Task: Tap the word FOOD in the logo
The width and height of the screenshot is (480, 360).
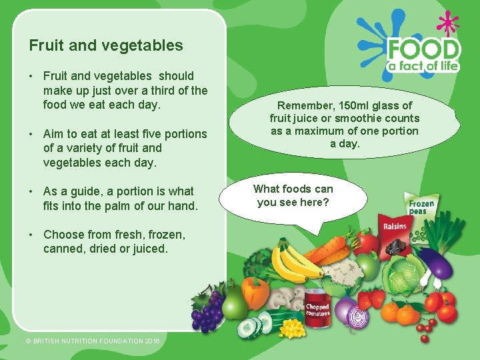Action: coord(424,50)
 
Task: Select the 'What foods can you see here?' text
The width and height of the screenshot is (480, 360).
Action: coord(293,195)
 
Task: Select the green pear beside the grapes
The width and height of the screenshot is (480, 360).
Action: coord(234,303)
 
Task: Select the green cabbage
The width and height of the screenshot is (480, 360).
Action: coord(403,276)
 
